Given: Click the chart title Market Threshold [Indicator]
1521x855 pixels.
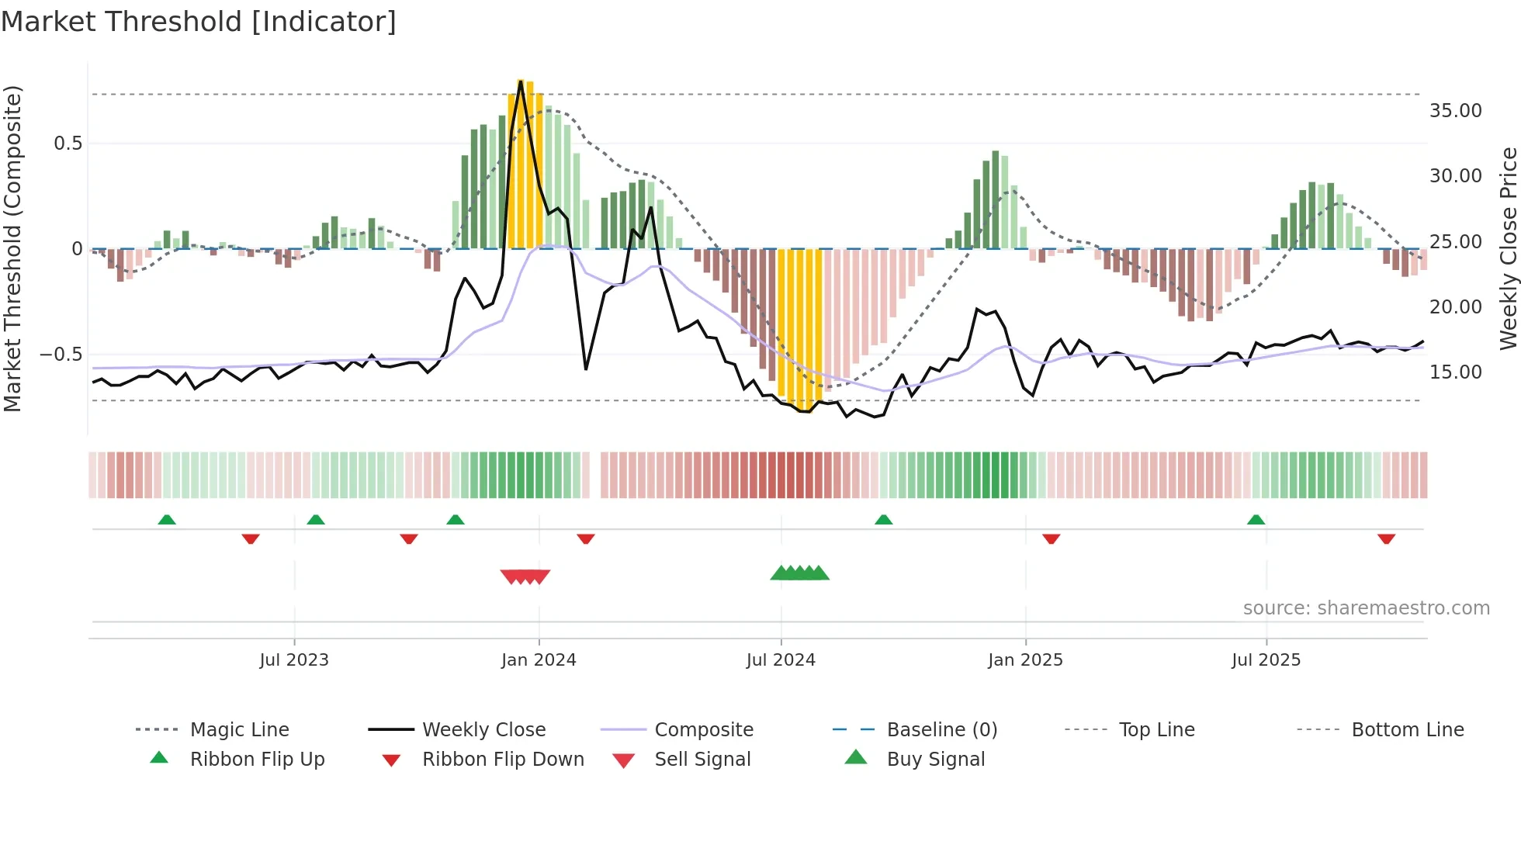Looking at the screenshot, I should click(199, 22).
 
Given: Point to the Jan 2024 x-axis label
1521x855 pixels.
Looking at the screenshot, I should click(539, 660).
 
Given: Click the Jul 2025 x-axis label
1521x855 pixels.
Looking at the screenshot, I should click(1266, 660).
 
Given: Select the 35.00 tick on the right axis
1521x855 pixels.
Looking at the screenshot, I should click(1455, 111).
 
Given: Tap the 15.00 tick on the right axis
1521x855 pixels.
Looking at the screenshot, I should click(1455, 372).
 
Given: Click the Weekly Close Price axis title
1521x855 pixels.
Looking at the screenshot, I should click(1508, 248).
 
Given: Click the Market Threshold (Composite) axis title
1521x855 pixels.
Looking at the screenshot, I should click(12, 248).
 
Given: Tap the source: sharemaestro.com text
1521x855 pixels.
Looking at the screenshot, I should click(1366, 608).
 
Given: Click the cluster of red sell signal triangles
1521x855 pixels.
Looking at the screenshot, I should click(525, 576).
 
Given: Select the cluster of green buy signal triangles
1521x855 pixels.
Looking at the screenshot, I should click(800, 573).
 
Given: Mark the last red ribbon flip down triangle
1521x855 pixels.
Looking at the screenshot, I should click(1386, 538).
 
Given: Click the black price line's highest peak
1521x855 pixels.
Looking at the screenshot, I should click(521, 81).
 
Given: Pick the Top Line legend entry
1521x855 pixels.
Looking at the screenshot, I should click(1156, 730).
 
